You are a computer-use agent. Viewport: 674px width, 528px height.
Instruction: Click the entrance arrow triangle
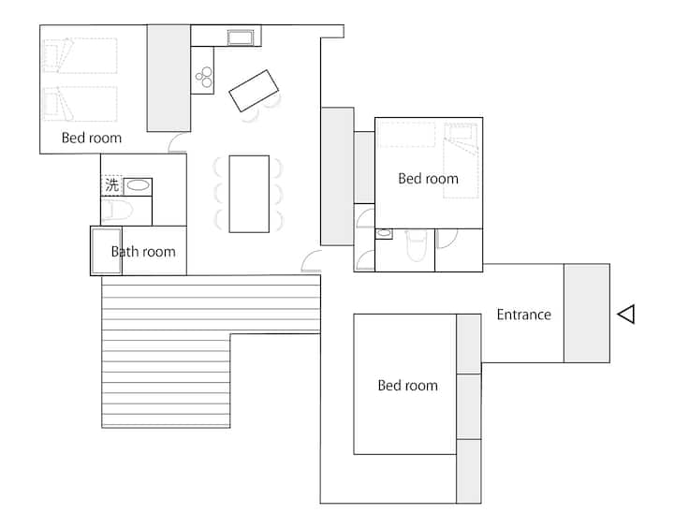pyautogui.click(x=626, y=315)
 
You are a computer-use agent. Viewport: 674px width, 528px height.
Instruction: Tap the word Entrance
pyautogui.click(x=523, y=315)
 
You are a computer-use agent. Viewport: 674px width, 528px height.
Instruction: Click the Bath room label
pyautogui.click(x=143, y=252)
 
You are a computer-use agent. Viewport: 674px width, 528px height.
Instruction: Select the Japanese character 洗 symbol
pyautogui.click(x=111, y=185)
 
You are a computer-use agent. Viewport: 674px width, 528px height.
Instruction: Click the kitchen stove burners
pyautogui.click(x=204, y=77)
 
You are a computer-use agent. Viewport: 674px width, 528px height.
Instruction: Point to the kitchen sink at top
pyautogui.click(x=241, y=37)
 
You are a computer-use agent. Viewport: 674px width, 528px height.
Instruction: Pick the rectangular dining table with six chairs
pyautogui.click(x=249, y=194)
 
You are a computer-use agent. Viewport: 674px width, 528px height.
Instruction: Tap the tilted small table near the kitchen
pyautogui.click(x=254, y=91)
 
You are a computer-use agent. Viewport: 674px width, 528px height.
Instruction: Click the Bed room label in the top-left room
pyautogui.click(x=92, y=138)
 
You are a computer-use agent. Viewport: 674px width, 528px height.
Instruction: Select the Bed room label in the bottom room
pyautogui.click(x=408, y=386)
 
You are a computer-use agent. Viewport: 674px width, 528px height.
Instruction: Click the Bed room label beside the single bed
pyautogui.click(x=428, y=179)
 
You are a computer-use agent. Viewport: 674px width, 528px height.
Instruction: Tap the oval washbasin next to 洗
pyautogui.click(x=138, y=185)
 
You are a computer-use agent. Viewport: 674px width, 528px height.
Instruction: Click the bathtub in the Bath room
pyautogui.click(x=106, y=251)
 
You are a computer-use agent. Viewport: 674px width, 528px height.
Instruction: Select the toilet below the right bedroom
pyautogui.click(x=416, y=245)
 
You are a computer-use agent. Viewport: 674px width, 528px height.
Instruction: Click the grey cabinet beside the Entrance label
pyautogui.click(x=587, y=313)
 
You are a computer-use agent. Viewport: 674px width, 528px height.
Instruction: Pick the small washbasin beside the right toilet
pyautogui.click(x=384, y=233)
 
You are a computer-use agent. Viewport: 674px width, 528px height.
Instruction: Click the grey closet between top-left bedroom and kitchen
pyautogui.click(x=168, y=78)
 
